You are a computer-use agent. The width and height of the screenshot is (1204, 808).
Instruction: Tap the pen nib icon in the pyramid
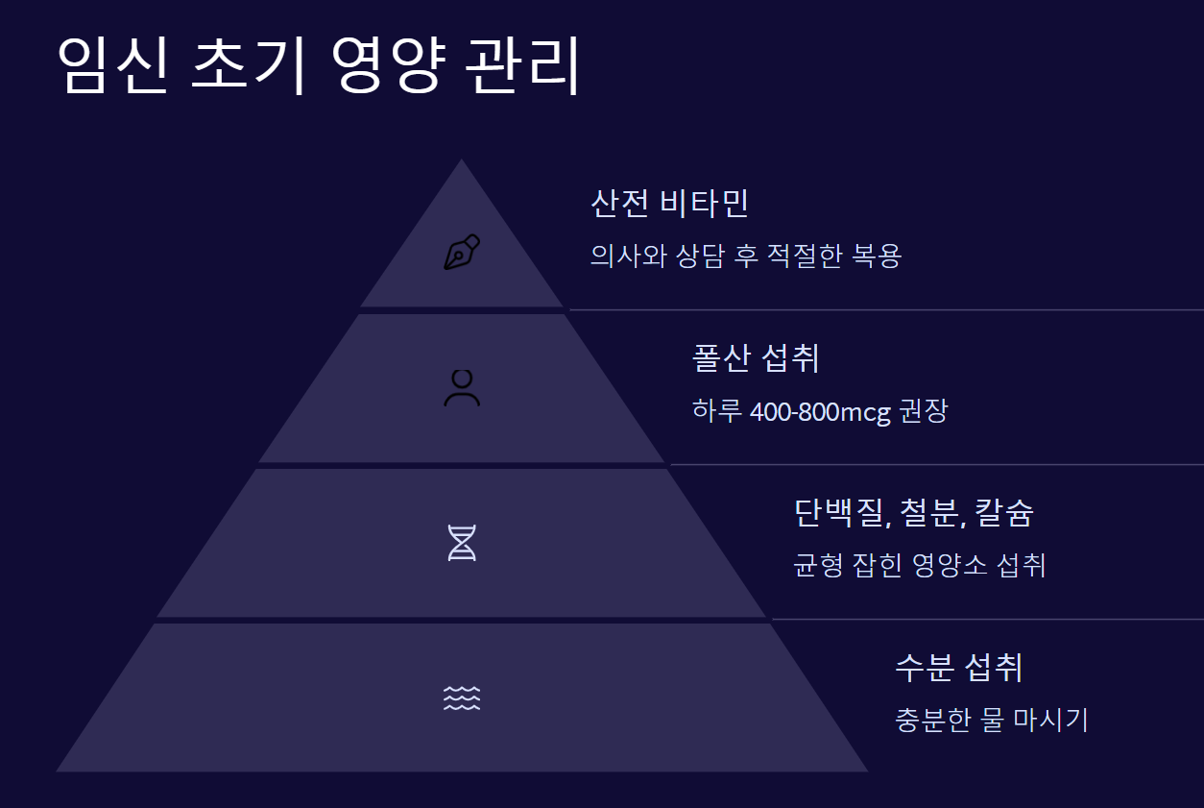click(x=462, y=253)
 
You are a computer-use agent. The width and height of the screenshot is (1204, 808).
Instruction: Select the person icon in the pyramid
click(x=462, y=387)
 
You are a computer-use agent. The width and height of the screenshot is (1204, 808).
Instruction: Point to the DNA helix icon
click(x=462, y=543)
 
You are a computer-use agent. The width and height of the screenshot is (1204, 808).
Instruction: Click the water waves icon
click(x=462, y=698)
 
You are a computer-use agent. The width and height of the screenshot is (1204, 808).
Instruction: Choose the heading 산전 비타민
click(x=669, y=203)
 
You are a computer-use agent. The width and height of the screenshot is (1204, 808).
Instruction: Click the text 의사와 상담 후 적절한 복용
click(x=746, y=257)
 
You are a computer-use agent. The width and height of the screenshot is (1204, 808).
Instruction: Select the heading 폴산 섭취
click(x=756, y=358)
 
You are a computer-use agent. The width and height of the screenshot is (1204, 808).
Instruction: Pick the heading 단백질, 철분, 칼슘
click(x=913, y=513)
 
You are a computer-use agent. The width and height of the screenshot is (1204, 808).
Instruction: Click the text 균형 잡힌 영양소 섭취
click(x=919, y=565)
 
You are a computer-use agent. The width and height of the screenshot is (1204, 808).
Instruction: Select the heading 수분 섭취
click(x=957, y=667)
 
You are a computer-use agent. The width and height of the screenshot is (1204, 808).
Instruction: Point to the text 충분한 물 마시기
click(x=991, y=720)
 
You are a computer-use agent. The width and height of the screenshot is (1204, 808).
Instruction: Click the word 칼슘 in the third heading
click(x=1004, y=513)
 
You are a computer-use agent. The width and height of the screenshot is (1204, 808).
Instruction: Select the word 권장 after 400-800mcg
click(x=924, y=412)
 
